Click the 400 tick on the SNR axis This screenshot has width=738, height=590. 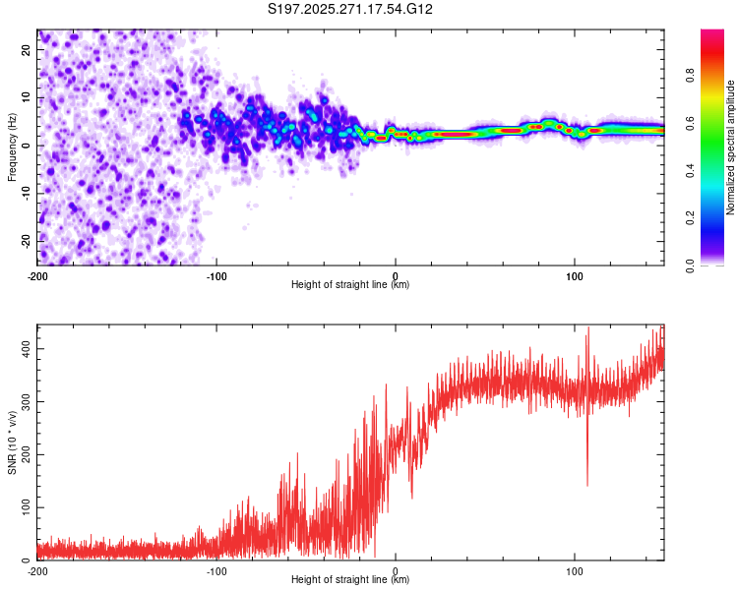pos(26,349)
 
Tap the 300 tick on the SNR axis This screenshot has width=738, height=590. pos(26,402)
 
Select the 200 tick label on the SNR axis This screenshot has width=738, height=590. pos(26,455)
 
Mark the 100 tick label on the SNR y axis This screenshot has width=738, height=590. pos(26,507)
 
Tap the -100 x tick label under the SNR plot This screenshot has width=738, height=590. pos(216,571)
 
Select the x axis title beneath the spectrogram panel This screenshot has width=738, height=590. pos(350,285)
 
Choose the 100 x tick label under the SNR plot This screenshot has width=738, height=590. pos(575,571)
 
